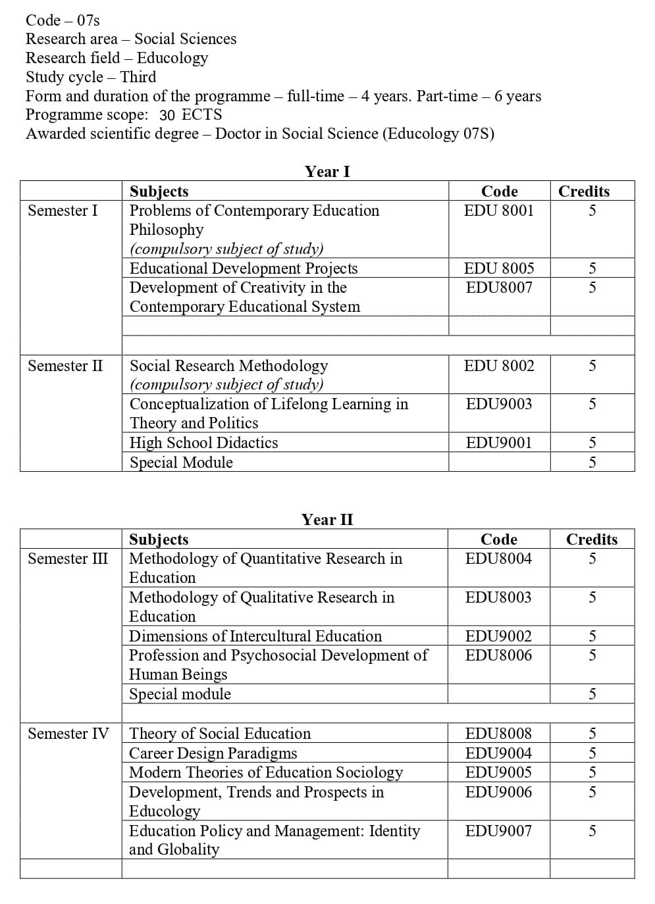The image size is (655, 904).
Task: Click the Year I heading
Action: (327, 172)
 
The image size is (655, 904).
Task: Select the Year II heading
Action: (327, 520)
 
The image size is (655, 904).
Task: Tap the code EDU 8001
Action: (499, 211)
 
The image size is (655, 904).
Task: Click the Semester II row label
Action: (65, 366)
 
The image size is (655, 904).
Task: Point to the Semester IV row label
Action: (68, 734)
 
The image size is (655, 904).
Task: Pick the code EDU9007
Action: (498, 831)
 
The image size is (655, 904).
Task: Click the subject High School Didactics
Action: (203, 443)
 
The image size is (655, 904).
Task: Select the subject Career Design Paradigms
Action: (213, 753)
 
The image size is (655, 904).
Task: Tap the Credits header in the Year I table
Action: (584, 191)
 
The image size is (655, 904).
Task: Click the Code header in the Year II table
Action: (499, 540)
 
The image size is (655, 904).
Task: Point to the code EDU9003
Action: (499, 404)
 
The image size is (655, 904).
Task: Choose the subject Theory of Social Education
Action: (220, 734)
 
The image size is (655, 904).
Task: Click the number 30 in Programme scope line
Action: (167, 115)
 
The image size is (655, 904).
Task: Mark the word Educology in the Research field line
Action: (172, 58)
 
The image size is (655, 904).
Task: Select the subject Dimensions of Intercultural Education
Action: (255, 636)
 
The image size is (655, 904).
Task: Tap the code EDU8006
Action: (498, 655)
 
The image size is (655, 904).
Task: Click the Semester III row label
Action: (68, 559)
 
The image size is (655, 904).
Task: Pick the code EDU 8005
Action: (499, 268)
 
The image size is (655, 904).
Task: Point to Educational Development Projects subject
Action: (244, 268)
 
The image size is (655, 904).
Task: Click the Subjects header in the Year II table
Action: (159, 540)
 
